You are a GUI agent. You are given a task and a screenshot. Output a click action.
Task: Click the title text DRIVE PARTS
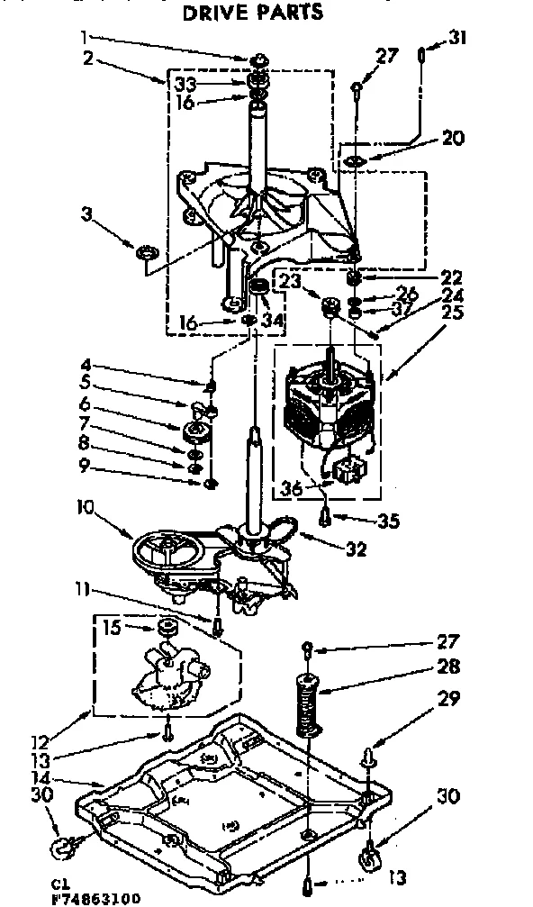point(252,13)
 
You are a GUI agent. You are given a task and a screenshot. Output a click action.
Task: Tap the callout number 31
point(458,39)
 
